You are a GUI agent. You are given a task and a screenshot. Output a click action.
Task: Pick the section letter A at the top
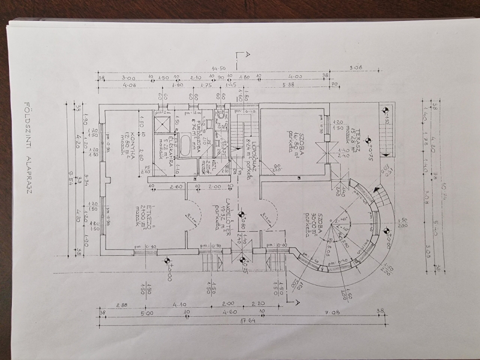242,55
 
